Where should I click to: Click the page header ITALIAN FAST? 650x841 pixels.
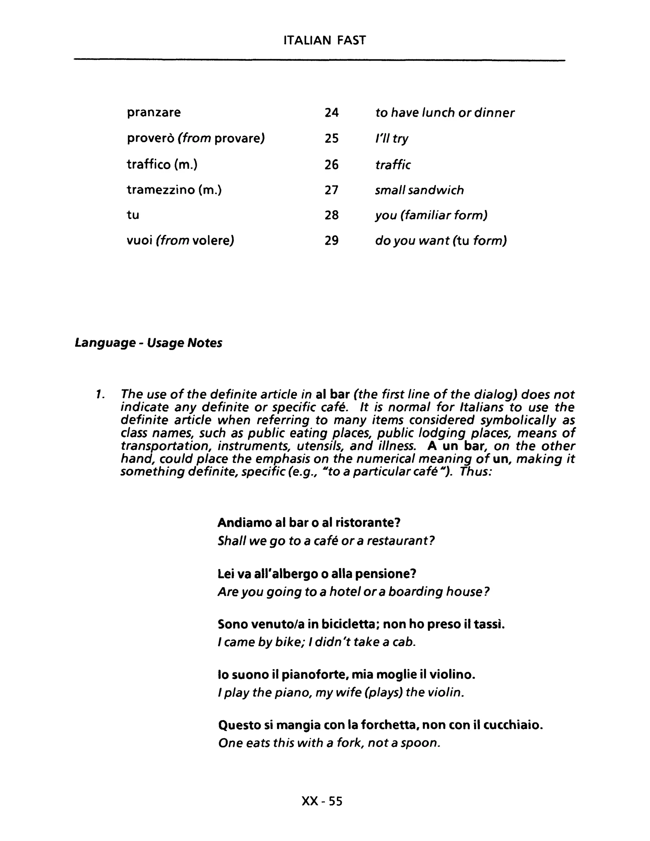(x=324, y=40)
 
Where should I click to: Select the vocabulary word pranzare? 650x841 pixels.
(x=154, y=112)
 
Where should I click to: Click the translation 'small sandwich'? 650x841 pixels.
(x=419, y=190)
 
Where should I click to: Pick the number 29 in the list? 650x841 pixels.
(x=331, y=241)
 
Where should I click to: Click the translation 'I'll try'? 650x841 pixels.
(x=392, y=138)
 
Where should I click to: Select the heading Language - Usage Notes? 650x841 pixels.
(x=148, y=343)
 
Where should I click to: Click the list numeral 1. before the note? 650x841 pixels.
(x=100, y=394)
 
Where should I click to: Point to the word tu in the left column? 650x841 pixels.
(x=133, y=215)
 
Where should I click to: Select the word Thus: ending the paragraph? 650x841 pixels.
(x=476, y=471)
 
